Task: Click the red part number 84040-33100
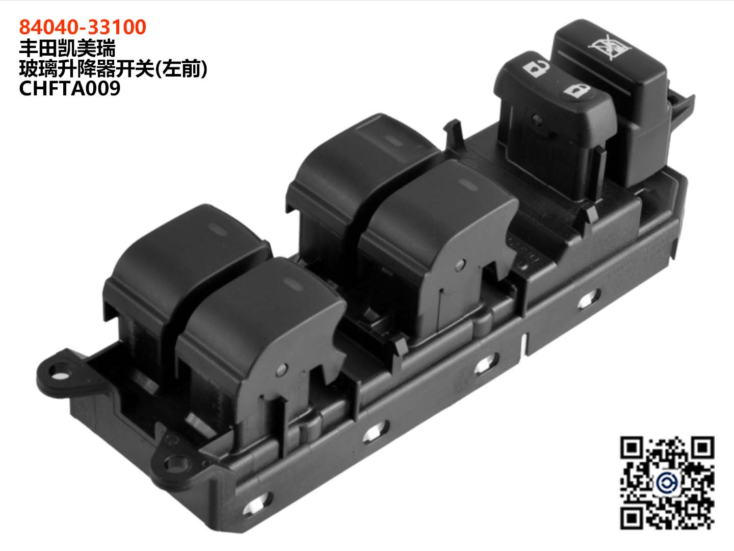coord(83,27)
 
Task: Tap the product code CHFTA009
coord(69,89)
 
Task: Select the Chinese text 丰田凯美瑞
coord(67,48)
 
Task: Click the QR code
coord(667,483)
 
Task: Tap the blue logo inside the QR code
coord(667,482)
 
